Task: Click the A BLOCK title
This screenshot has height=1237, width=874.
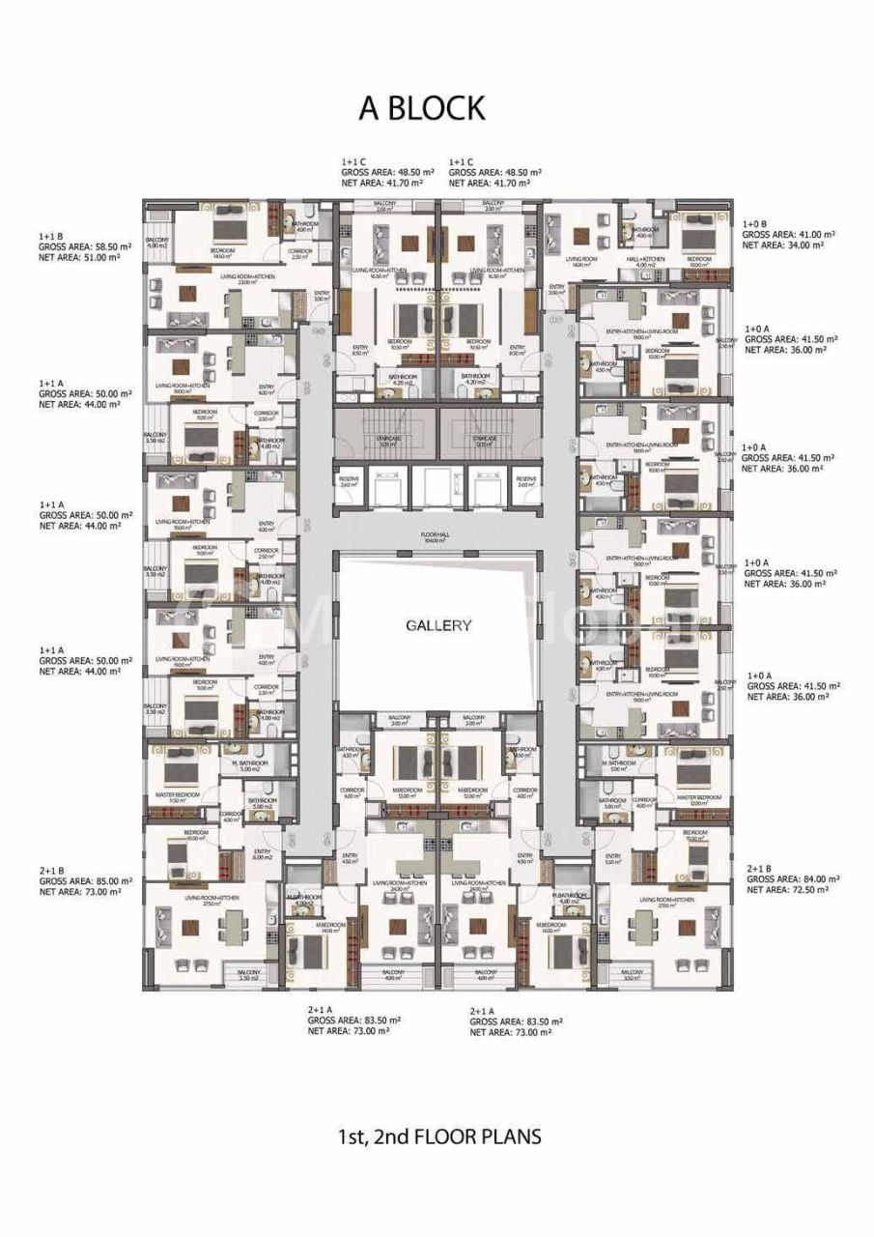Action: (x=422, y=109)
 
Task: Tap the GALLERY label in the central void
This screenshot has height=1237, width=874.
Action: (x=438, y=625)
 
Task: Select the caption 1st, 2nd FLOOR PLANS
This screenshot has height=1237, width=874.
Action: (x=437, y=1136)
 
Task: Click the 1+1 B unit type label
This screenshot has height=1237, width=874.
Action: (x=51, y=236)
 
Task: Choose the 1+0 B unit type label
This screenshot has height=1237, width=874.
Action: (x=755, y=223)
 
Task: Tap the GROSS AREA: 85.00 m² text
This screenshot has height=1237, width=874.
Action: (x=85, y=881)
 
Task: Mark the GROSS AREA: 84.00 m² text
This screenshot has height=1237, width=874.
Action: (x=793, y=879)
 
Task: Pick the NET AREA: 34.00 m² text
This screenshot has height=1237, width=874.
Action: (x=783, y=246)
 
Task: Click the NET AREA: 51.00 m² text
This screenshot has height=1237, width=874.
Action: (x=79, y=258)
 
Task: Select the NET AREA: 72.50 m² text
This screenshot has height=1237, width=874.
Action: (x=787, y=891)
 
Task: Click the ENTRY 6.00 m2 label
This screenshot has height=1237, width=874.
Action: (x=264, y=854)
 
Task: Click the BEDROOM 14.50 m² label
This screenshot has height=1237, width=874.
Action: (x=223, y=253)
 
